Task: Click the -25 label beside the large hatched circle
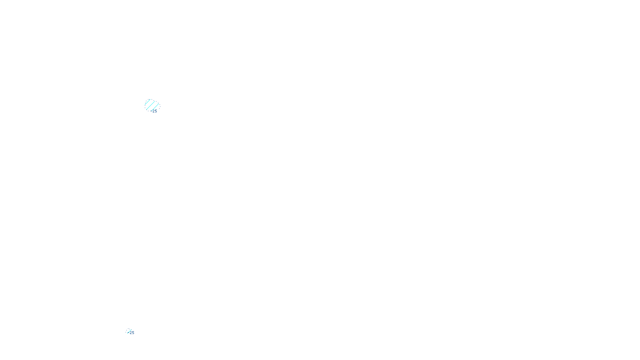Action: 154,111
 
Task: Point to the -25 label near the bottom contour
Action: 132,333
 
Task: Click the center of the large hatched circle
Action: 152,106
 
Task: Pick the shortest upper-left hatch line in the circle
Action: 148,102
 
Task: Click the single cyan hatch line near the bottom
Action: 129,331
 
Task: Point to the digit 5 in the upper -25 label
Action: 156,111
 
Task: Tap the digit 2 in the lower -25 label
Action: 131,333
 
